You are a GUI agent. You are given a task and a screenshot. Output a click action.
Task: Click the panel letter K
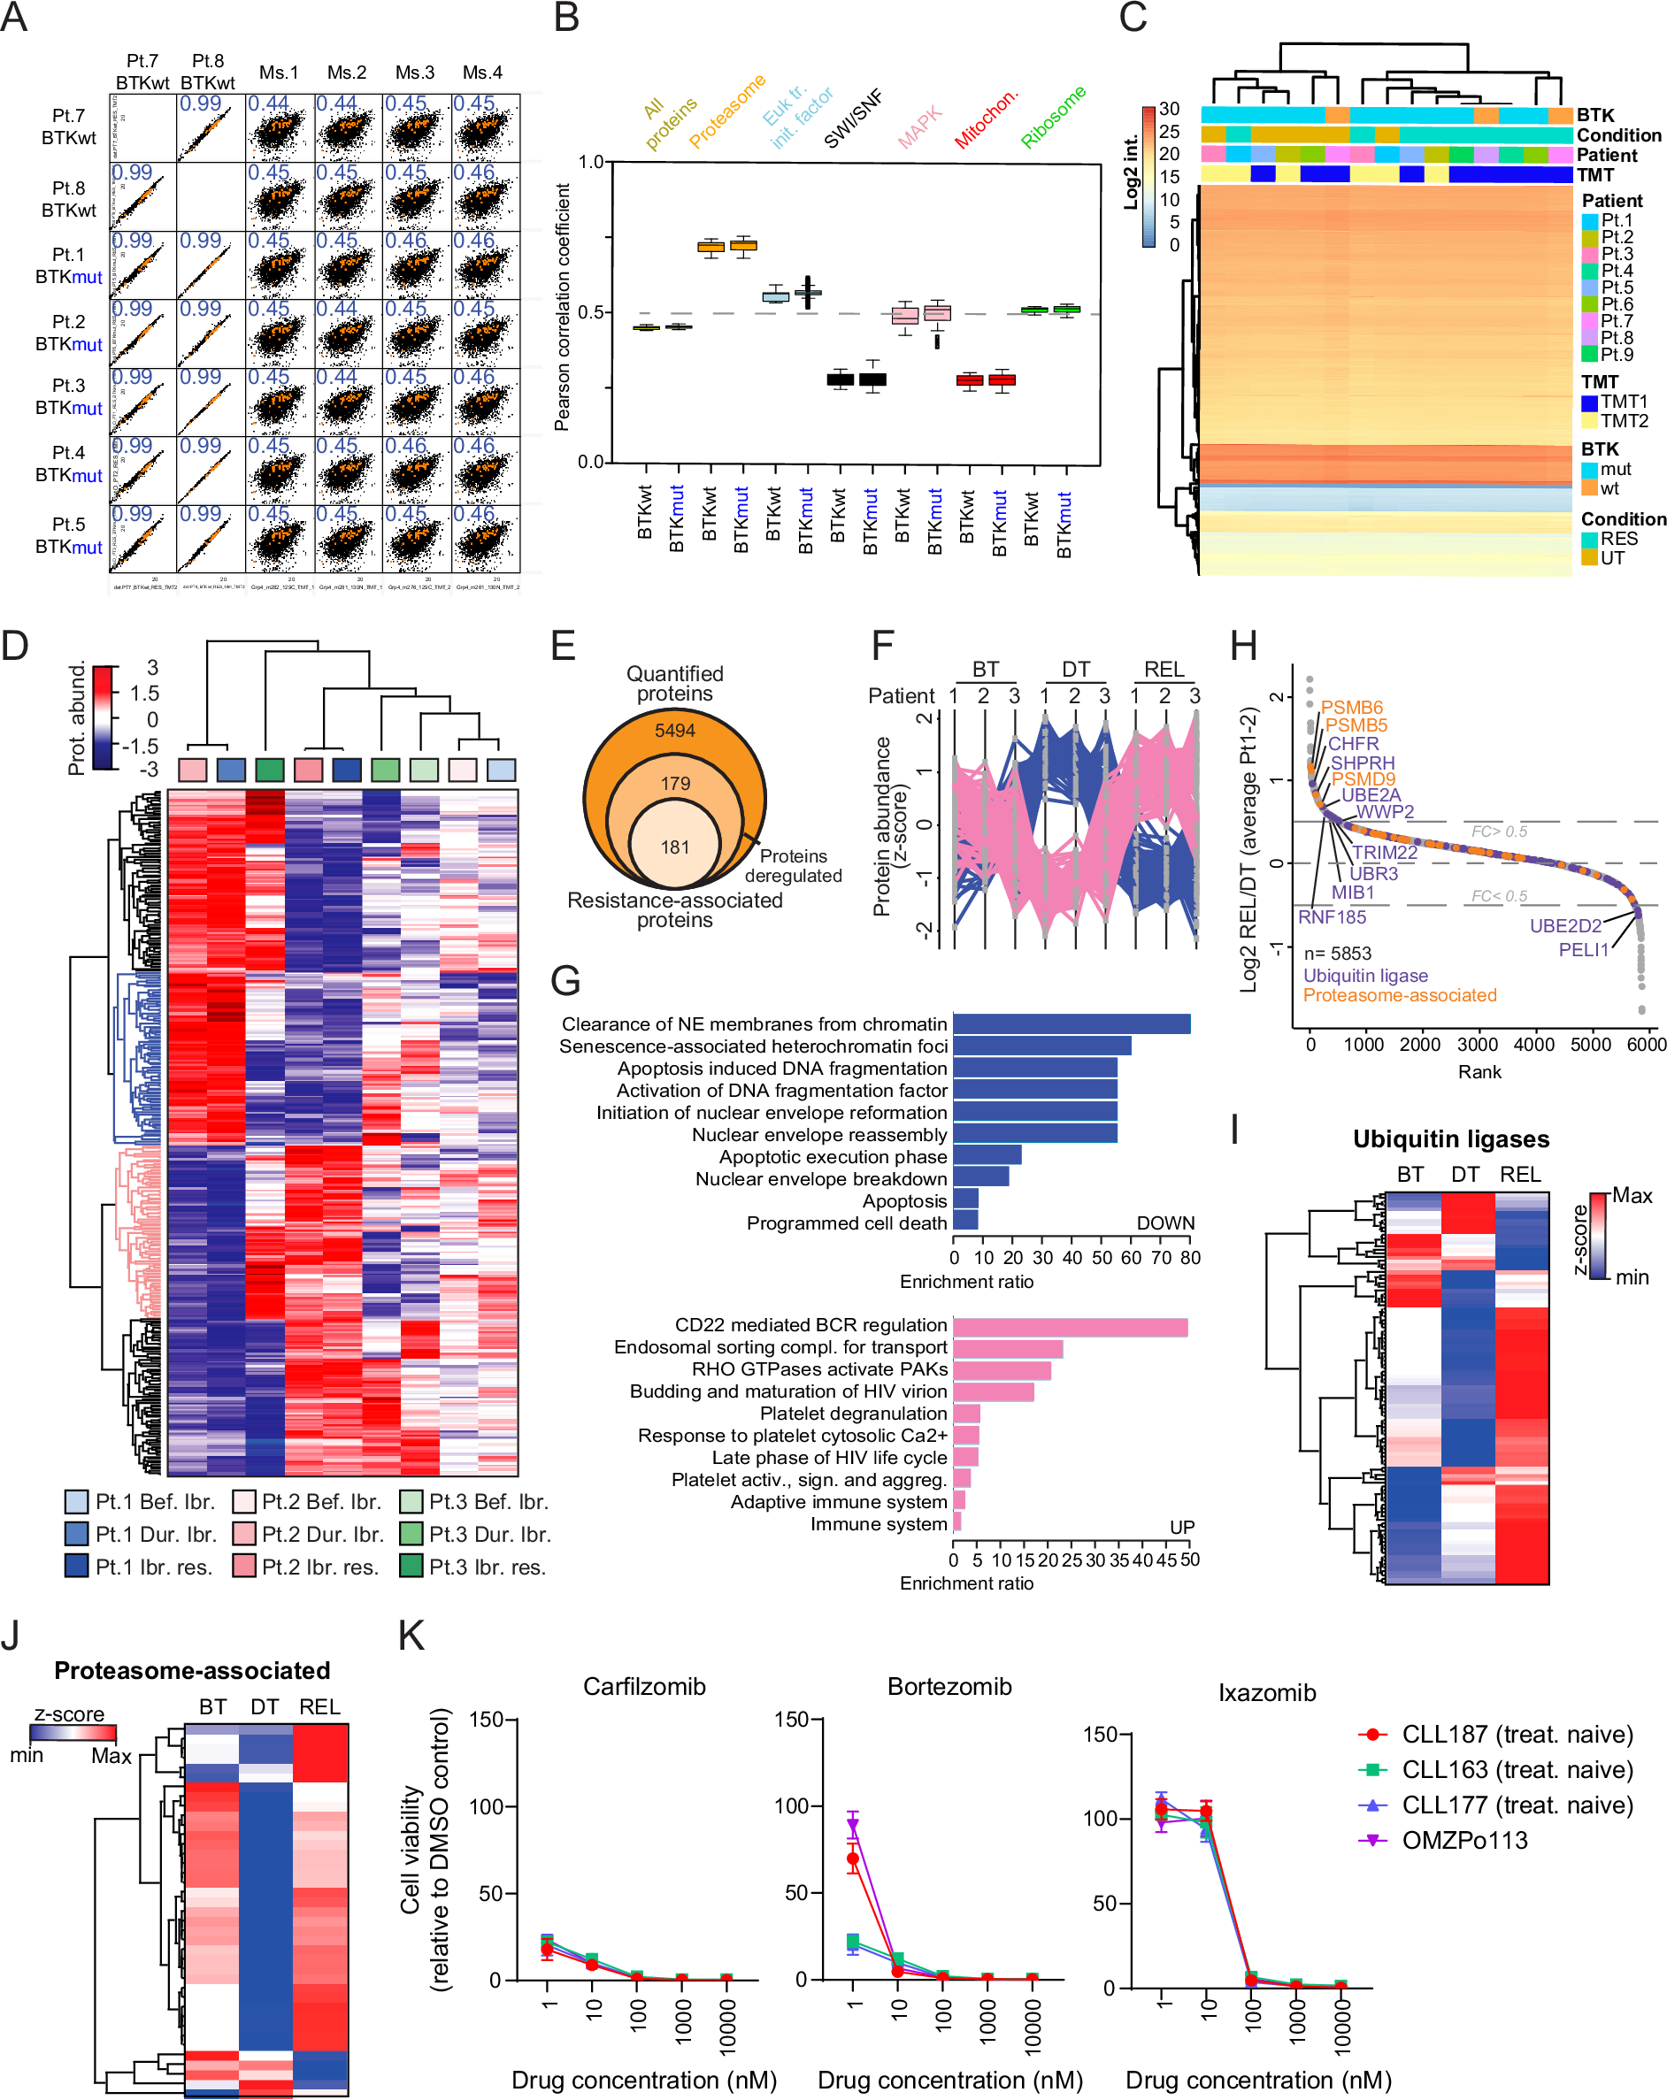click(x=411, y=1636)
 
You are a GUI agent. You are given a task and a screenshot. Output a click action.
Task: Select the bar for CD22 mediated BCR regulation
click(x=1070, y=1327)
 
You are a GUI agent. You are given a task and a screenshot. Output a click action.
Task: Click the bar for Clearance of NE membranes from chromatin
click(x=1072, y=1023)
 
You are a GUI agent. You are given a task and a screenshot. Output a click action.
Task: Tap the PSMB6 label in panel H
click(x=1351, y=707)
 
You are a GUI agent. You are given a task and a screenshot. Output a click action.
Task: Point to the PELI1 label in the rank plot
click(x=1583, y=950)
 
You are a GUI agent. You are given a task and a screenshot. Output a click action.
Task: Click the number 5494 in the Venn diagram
click(x=674, y=731)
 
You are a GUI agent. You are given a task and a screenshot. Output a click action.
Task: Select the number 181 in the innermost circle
click(x=674, y=847)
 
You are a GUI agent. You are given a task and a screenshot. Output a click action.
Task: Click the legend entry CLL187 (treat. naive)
click(x=1516, y=1735)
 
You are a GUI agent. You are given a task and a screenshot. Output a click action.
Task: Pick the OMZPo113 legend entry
click(x=1463, y=1840)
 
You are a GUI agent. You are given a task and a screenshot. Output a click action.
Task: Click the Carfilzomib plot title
click(x=644, y=1686)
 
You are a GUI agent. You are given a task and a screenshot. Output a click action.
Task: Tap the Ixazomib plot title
click(x=1266, y=1693)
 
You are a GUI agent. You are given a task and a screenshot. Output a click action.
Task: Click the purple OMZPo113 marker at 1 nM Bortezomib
click(x=854, y=1824)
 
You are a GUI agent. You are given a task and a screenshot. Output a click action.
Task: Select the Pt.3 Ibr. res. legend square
click(x=411, y=1567)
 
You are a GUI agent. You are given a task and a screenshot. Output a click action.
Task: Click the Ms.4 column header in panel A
click(x=482, y=73)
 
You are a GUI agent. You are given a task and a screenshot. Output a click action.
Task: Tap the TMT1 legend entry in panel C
click(x=1622, y=402)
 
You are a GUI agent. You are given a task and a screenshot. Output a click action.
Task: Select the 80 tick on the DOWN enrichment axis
click(x=1189, y=1258)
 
